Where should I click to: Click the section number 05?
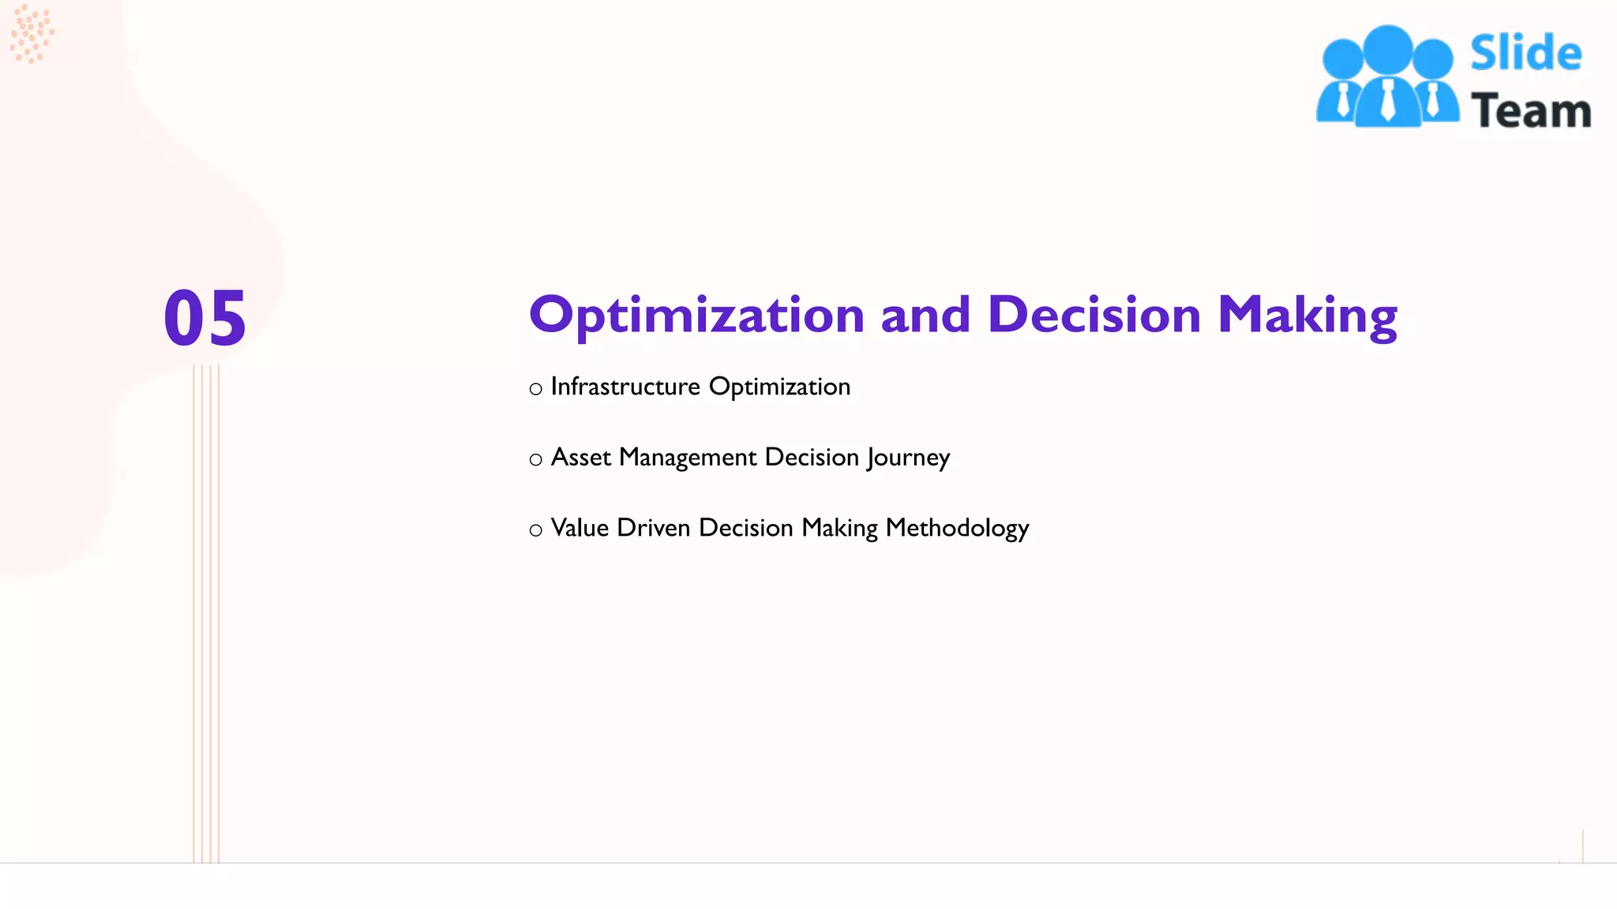point(205,318)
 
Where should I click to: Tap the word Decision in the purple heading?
point(1094,315)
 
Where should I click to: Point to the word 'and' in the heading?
point(925,315)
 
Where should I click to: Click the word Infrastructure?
point(625,387)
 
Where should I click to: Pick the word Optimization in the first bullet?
point(779,387)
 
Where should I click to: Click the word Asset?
point(581,458)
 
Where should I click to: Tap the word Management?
point(688,458)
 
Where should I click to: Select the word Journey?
point(908,458)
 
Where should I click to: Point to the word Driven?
point(654,528)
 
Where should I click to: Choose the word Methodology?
point(957,529)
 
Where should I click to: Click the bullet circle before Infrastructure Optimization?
point(535,389)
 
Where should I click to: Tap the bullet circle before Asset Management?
point(535,460)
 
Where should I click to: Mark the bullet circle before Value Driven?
point(535,530)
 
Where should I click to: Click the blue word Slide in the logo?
point(1525,54)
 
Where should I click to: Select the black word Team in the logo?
point(1530,110)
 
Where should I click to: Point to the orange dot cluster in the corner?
point(32,33)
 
